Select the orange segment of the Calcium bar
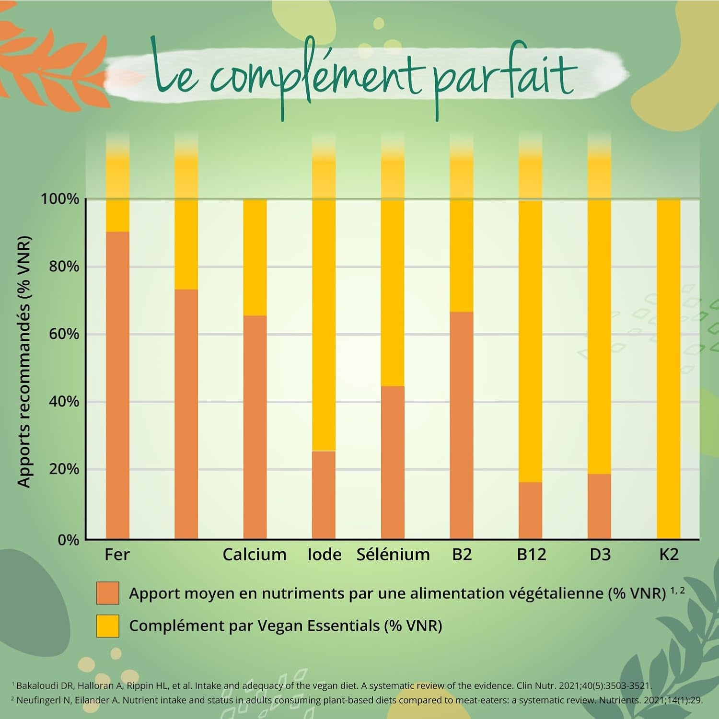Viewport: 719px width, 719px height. (255, 427)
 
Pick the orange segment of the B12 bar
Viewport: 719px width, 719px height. (530, 510)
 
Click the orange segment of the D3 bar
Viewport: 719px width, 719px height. (599, 506)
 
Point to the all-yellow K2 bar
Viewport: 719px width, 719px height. (668, 369)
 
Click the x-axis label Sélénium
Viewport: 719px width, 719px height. (393, 555)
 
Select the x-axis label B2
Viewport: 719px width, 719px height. (462, 555)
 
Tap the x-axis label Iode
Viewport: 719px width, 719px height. (325, 555)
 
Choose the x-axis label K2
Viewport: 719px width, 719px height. (669, 555)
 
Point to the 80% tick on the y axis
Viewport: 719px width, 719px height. (64, 267)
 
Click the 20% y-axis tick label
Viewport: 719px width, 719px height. (64, 469)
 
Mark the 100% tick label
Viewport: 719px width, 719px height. (60, 199)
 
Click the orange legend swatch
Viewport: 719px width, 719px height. (107, 593)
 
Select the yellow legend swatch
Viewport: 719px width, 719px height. (107, 626)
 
